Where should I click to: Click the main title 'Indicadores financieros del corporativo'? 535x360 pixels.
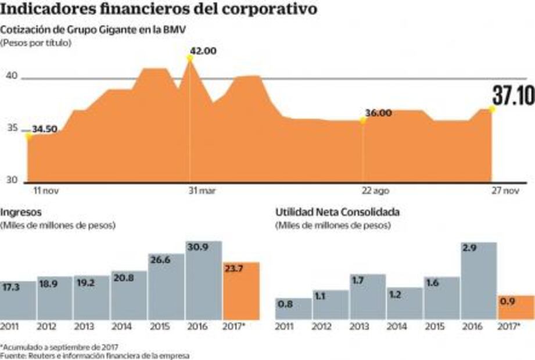159,10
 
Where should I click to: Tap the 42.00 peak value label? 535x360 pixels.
203,51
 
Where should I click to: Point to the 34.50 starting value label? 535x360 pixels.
44,129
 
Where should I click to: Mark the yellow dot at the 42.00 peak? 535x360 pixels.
190,57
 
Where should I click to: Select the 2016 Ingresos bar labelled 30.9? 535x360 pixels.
204,280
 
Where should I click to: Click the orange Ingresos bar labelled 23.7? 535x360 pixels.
241,291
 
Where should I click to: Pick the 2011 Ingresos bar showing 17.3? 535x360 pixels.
17,300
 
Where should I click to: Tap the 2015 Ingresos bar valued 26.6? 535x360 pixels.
166,286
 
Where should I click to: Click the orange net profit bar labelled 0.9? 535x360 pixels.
516,307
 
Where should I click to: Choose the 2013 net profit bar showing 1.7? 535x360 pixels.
368,297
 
